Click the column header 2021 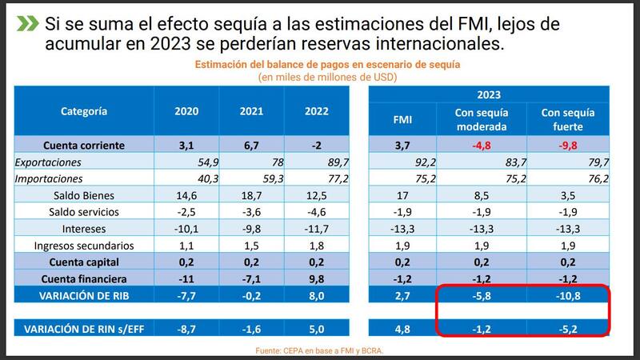[x=251, y=111]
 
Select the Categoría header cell [x=84, y=111]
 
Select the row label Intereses [x=84, y=229]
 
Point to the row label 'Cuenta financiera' [x=84, y=278]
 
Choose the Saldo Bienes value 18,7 [x=251, y=195]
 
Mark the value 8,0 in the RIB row [x=317, y=295]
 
